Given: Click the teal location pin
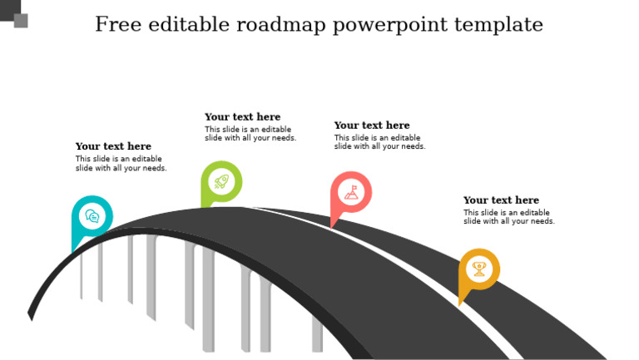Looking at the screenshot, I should (92, 219).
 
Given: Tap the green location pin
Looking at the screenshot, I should (220, 183).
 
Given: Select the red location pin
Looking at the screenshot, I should (350, 194).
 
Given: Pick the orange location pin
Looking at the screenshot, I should (478, 270).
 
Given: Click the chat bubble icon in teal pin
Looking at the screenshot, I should (92, 216).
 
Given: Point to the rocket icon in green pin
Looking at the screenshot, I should (221, 181).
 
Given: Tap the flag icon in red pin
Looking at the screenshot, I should (351, 192).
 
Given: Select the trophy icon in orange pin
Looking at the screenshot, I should (479, 269).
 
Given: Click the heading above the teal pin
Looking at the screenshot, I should (113, 147).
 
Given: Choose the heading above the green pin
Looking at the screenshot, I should (242, 117).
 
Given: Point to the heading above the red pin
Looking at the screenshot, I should (372, 126).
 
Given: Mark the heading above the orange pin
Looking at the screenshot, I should (501, 200).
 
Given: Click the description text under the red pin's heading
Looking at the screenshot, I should (379, 142).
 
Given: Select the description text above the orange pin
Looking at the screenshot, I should (508, 217).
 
